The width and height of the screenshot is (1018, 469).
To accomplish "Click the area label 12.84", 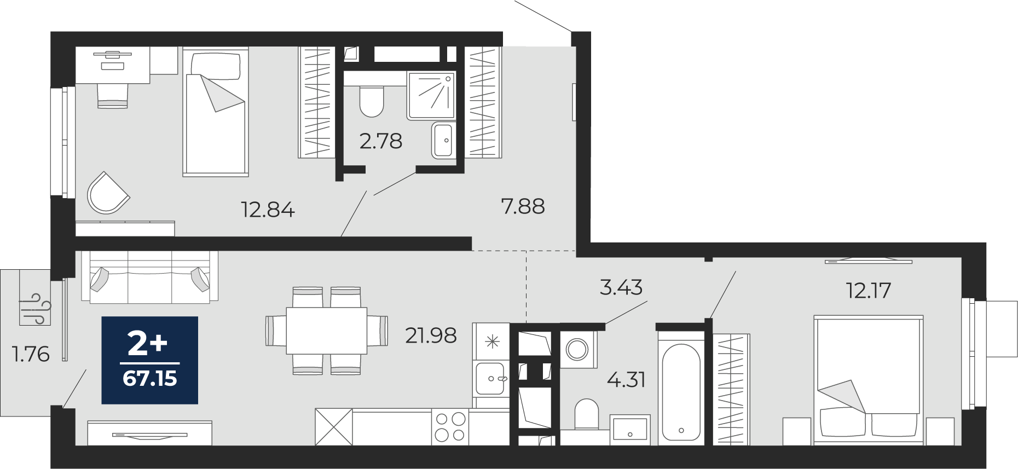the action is point(268,210).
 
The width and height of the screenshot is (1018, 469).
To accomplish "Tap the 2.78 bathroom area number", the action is point(381,141).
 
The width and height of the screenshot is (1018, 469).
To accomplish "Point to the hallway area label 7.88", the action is point(523,206).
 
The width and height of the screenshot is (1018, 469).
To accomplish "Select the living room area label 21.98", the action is point(431,335).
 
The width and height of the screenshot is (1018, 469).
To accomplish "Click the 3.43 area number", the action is point(621,287).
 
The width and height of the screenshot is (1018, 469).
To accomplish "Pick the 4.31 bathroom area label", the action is point(627,379).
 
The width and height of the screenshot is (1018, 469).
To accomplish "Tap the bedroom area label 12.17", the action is point(869,290).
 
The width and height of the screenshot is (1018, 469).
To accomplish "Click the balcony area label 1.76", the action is point(31,354).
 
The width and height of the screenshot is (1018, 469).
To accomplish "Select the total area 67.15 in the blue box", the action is point(150,378).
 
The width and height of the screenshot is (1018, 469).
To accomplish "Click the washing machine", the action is point(577,349).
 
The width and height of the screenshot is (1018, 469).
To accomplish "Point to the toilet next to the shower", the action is point(372,101).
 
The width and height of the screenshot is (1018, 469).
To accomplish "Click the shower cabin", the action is point(431,95).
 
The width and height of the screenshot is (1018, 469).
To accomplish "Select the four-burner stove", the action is point(450,427).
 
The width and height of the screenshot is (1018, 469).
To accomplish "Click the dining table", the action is point(327,331).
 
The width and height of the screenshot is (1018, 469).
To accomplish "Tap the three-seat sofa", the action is point(149,276).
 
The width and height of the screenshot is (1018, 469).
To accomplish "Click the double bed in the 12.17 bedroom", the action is point(869,379).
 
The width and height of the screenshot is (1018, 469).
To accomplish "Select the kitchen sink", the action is point(490,378).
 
